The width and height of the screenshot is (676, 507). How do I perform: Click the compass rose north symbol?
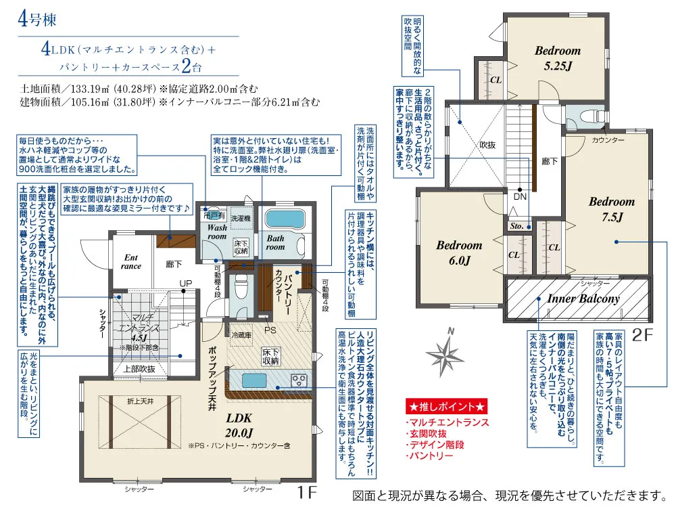click(x=445, y=354)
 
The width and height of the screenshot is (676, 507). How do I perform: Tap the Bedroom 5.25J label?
click(x=558, y=58)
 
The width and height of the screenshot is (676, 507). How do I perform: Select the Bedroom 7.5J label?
click(x=612, y=209)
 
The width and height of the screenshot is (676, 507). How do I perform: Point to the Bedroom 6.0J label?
click(x=459, y=252)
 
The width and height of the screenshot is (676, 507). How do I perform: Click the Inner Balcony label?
click(x=583, y=299)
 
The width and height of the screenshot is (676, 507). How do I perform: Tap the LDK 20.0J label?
click(x=239, y=425)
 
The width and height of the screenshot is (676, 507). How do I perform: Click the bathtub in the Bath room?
click(x=285, y=219)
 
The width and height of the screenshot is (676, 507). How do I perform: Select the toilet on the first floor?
click(x=241, y=286)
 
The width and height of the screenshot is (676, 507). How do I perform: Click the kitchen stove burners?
click(x=299, y=380)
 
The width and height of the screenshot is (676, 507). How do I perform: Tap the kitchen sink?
click(x=254, y=380)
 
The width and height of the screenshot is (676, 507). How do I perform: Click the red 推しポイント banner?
click(x=446, y=406)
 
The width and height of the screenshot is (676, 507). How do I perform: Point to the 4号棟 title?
click(x=37, y=19)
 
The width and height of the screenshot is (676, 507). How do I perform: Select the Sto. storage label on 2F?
click(x=516, y=226)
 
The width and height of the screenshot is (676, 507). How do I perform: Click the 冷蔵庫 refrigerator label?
click(x=242, y=335)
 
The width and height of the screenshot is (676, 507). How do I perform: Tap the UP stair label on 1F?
click(x=186, y=284)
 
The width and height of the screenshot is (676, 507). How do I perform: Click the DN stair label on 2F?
click(x=520, y=196)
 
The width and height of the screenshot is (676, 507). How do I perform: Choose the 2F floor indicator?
click(x=642, y=335)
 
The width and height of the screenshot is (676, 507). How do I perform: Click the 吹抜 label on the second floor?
click(x=487, y=145)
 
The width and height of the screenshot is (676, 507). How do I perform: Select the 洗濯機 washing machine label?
click(x=241, y=219)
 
